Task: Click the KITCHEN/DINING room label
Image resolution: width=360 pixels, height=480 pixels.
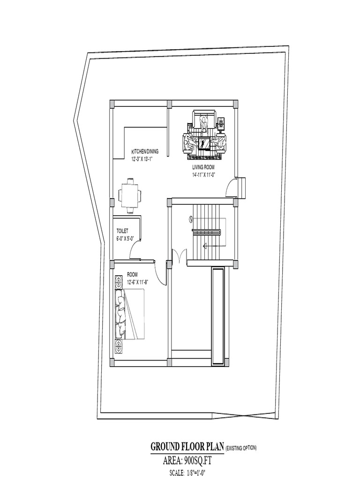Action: pos(145,151)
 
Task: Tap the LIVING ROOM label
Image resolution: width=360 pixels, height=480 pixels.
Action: pos(203,167)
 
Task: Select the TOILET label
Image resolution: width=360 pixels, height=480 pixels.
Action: pos(122,231)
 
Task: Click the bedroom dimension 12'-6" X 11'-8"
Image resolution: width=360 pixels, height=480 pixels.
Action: pos(138,283)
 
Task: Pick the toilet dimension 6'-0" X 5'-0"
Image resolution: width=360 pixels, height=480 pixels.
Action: pos(125,239)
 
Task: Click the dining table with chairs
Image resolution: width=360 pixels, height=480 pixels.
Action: pos(130,195)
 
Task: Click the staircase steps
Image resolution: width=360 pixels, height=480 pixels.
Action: pos(207,232)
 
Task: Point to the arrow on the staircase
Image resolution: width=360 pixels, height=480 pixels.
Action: pos(214,245)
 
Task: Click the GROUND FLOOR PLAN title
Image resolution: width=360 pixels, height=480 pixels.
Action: pos(187,447)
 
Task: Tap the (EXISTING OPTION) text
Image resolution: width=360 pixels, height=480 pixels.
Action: pos(241,449)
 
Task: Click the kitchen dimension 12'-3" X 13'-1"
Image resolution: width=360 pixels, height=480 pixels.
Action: pos(142,159)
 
